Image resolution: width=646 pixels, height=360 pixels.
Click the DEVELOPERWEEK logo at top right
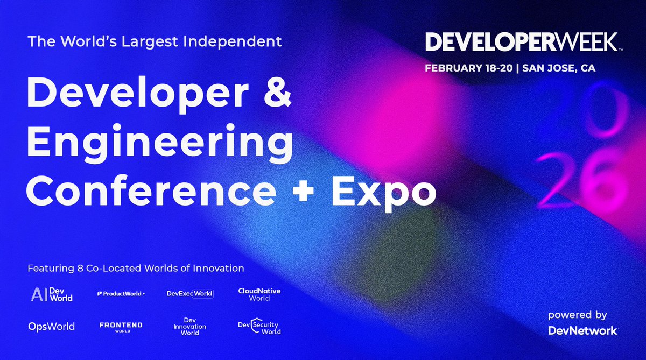click(x=523, y=43)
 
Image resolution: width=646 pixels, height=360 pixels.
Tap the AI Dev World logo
click(x=52, y=294)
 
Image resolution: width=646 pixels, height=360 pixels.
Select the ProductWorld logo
click(x=121, y=294)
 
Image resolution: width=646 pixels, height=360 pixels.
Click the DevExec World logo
click(x=190, y=294)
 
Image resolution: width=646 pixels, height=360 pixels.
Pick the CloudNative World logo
click(x=259, y=294)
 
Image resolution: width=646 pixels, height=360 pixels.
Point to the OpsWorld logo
click(x=51, y=327)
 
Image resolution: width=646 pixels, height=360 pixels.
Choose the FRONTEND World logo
click(x=121, y=327)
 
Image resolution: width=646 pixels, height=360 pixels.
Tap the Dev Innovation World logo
click(x=189, y=326)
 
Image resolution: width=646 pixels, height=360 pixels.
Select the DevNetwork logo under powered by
click(x=582, y=330)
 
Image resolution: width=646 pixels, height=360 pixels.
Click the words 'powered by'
click(x=577, y=315)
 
